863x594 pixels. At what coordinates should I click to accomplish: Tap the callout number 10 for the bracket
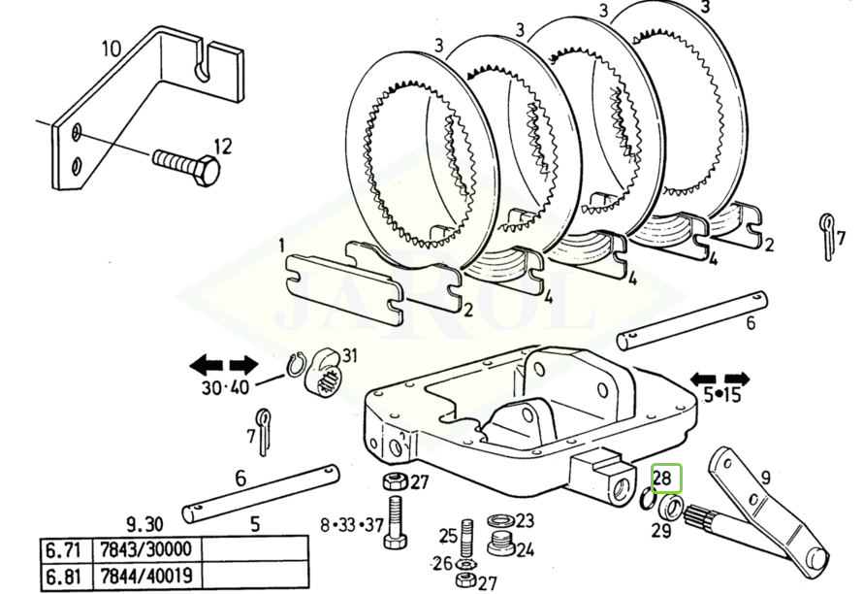111,48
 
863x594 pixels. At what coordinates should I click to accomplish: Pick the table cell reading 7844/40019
143,577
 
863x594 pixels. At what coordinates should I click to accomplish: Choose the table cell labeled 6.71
62,550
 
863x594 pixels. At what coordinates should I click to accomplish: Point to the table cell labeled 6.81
62,577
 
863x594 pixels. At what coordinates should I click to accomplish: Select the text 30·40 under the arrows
224,386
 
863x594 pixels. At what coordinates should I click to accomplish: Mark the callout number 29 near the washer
660,530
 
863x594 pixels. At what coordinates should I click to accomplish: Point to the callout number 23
524,520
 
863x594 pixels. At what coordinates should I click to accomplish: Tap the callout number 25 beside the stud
447,535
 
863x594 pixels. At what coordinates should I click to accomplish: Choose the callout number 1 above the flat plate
281,245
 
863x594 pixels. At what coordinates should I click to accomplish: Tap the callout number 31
349,356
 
